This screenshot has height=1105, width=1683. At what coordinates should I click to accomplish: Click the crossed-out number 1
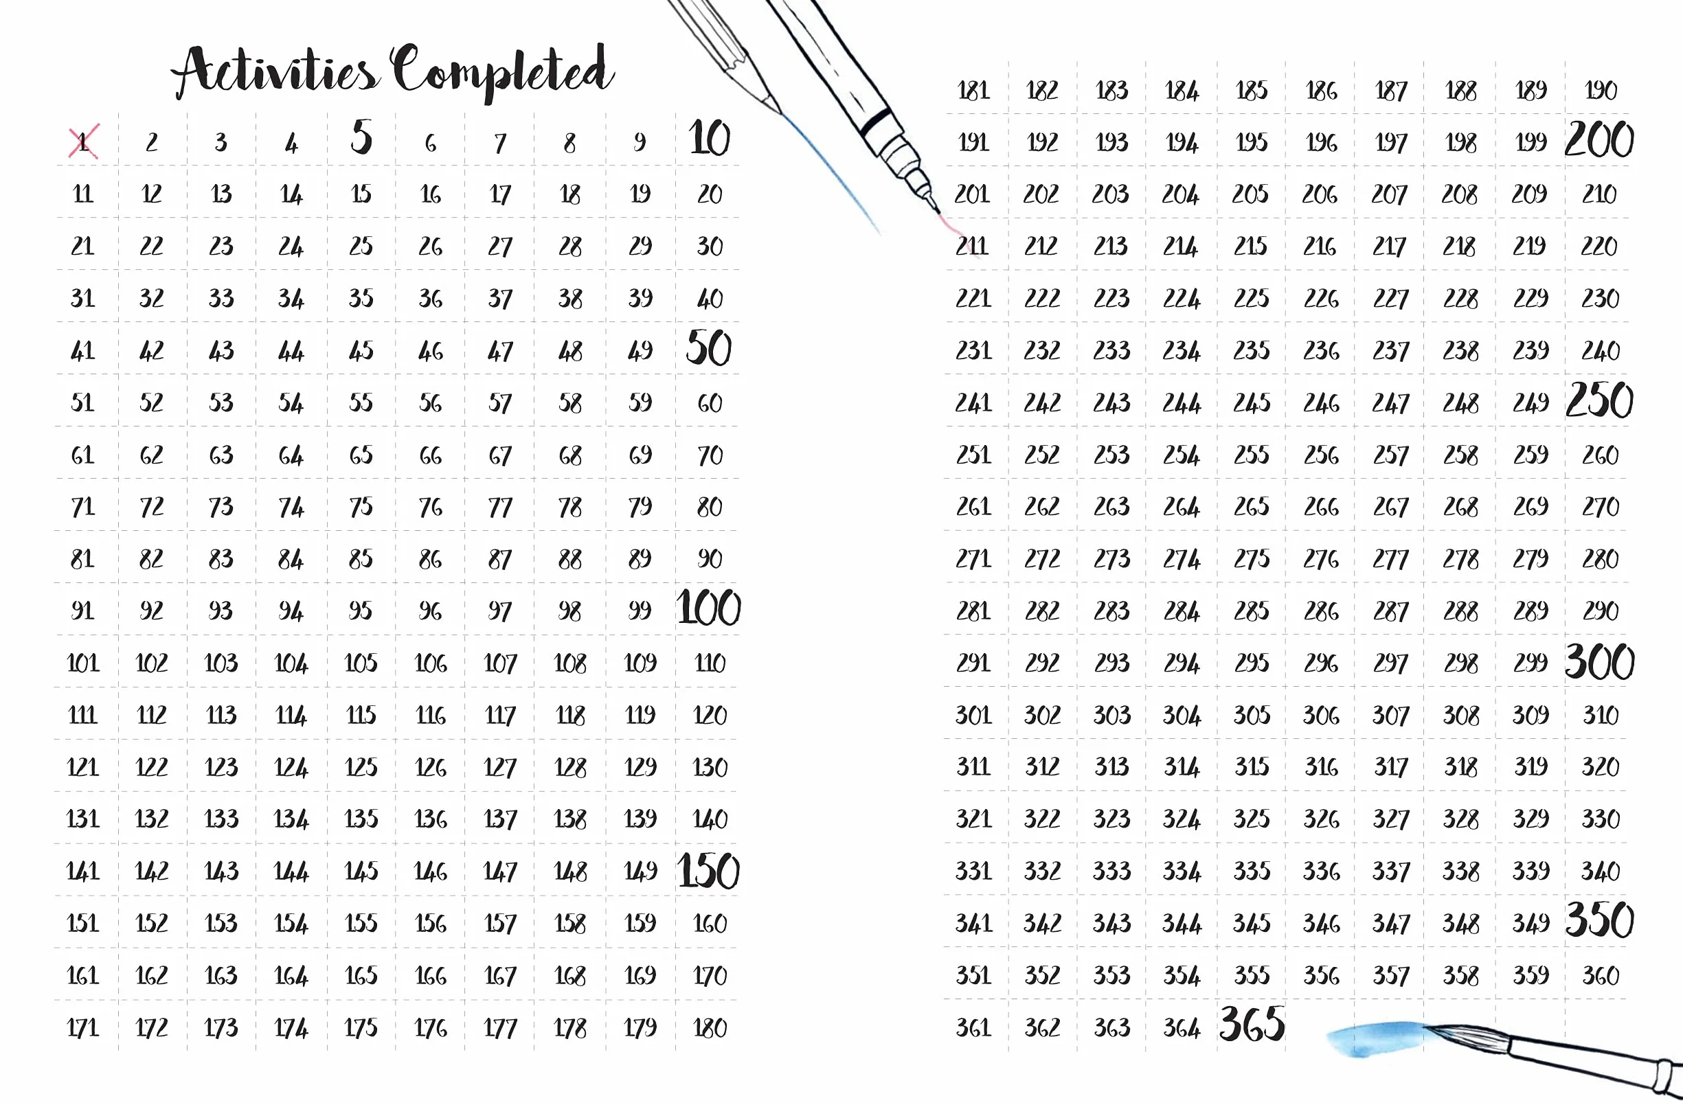(83, 141)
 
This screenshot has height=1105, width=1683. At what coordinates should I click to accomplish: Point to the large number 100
(708, 607)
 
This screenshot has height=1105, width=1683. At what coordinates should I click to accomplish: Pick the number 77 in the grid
(500, 508)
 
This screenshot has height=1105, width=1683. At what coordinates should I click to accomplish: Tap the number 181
(973, 91)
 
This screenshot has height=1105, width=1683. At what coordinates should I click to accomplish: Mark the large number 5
(361, 137)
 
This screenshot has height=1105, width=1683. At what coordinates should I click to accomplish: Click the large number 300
(1600, 661)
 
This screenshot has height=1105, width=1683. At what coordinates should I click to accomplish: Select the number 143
(221, 871)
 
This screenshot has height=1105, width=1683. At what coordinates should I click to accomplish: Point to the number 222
(1042, 298)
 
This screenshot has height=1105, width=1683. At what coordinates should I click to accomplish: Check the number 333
(1111, 871)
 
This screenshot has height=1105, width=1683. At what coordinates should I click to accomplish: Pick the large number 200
(1600, 139)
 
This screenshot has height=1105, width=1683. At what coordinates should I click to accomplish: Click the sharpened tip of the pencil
(780, 113)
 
